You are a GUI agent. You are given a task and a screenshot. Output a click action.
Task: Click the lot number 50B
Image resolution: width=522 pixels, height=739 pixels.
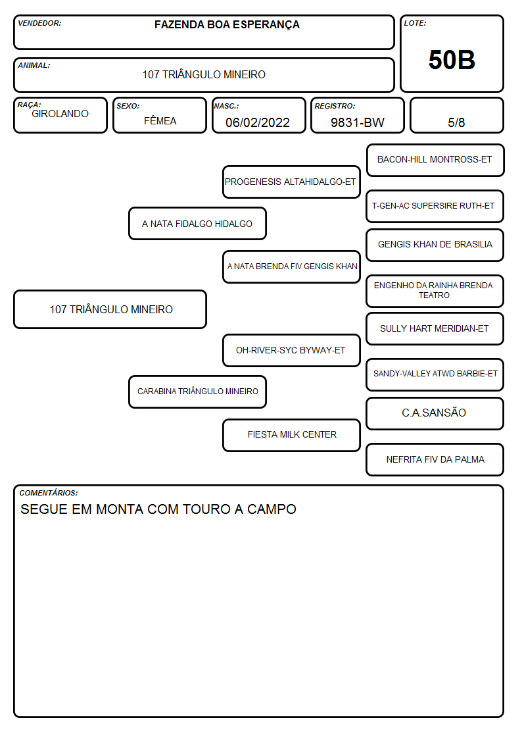click(452, 60)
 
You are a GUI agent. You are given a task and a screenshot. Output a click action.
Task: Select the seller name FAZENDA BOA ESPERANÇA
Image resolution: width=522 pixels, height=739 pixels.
click(227, 25)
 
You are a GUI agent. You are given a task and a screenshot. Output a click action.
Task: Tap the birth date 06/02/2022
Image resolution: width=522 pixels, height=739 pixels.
click(258, 122)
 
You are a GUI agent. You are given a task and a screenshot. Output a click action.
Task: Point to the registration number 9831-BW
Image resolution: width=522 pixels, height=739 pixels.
click(357, 122)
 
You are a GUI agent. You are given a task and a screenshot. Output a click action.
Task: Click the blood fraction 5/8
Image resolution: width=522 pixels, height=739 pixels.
click(456, 122)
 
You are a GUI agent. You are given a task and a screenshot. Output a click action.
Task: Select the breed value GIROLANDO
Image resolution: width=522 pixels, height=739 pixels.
click(60, 114)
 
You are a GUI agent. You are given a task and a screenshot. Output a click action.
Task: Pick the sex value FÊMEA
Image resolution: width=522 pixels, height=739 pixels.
click(160, 120)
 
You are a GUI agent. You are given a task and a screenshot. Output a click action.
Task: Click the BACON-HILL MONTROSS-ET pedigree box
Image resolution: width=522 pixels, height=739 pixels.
click(435, 161)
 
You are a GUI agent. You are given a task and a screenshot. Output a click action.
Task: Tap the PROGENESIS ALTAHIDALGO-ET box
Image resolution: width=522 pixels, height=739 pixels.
click(291, 182)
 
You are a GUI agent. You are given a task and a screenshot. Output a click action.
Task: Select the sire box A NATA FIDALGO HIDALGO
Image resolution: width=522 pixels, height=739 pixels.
click(197, 223)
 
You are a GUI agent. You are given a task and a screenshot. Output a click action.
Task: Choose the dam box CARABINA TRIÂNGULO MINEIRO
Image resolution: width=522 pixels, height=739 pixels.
click(197, 392)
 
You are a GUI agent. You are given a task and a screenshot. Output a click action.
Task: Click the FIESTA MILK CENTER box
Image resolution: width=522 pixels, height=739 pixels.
click(291, 435)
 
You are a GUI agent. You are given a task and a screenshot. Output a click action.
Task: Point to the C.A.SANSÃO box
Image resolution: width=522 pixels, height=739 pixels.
click(435, 413)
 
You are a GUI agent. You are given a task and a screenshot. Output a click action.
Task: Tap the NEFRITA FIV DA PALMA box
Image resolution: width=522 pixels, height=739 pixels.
click(435, 459)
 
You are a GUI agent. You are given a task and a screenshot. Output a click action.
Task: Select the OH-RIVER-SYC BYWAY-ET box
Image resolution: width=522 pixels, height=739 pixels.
click(291, 350)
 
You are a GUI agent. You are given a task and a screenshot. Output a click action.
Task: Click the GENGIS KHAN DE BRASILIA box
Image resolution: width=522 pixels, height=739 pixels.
click(435, 245)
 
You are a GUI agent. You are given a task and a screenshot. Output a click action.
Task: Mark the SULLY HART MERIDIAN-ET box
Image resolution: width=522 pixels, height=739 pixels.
click(435, 328)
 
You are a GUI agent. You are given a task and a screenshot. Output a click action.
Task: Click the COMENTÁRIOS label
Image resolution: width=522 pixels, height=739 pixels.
click(49, 493)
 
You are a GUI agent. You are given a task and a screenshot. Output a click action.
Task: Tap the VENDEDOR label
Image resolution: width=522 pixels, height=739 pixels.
click(39, 23)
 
